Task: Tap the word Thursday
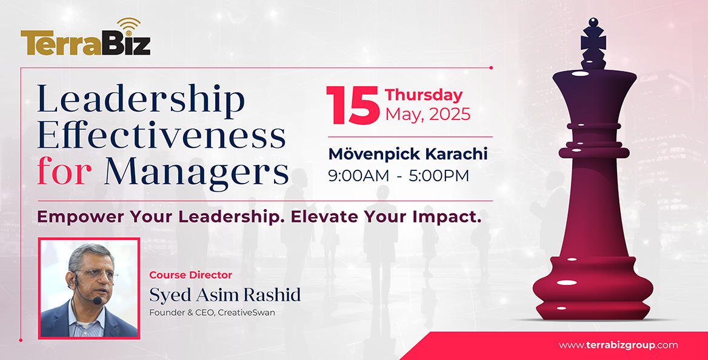coord(424,95)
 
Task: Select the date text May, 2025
coord(427,114)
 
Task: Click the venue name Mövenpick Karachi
coord(408,154)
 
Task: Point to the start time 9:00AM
coord(358,176)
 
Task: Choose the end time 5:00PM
coord(439,176)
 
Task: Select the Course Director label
coord(190,275)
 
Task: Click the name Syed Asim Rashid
coord(225,295)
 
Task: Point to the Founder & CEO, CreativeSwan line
coord(212,313)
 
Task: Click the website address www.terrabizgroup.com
coord(618,345)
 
